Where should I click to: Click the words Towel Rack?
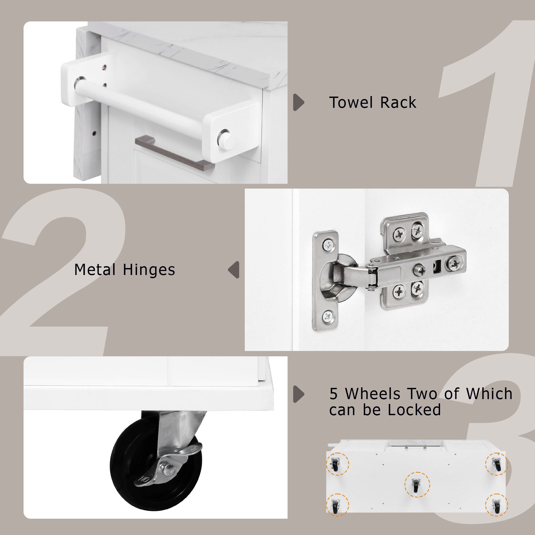tap(372, 102)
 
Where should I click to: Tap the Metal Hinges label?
tap(125, 270)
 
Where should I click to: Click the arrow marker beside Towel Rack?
tap(299, 102)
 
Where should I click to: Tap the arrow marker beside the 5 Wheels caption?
tap(299, 394)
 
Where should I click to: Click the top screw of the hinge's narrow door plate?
tap(328, 245)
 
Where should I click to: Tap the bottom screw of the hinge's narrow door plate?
tap(328, 315)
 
